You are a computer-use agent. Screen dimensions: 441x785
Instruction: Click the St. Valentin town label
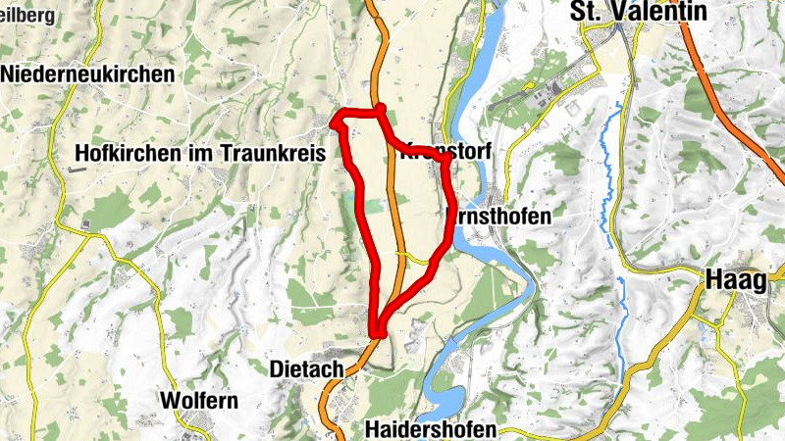click(x=638, y=12)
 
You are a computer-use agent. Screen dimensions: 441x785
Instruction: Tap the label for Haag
click(x=735, y=281)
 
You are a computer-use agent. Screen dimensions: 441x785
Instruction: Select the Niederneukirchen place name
click(x=88, y=74)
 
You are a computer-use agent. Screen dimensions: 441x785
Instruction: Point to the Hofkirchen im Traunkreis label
click(x=199, y=153)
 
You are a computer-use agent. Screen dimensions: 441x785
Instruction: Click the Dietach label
click(x=305, y=369)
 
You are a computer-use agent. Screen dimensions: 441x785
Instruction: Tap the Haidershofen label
click(x=430, y=430)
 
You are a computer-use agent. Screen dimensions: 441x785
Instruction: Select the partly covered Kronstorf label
click(x=446, y=155)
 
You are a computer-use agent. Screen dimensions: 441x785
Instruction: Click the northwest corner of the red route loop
click(x=334, y=122)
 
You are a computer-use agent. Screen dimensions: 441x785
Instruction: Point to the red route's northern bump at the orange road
click(x=381, y=108)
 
